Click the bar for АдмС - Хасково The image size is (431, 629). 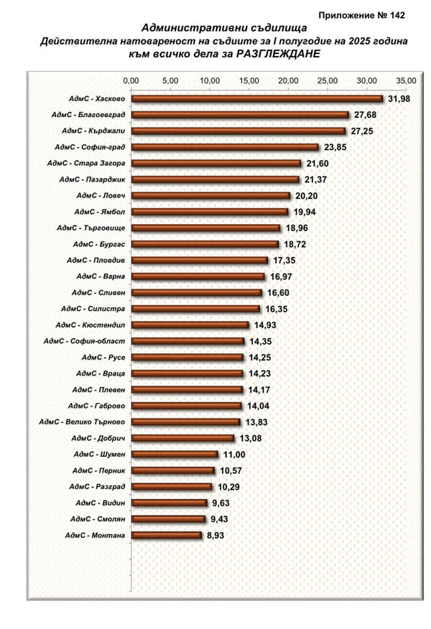256,98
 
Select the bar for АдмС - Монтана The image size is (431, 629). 166,535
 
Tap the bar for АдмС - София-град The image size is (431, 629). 224,147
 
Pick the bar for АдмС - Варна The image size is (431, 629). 198,276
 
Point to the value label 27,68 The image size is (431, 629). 364,115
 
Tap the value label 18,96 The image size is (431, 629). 296,228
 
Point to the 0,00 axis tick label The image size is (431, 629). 131,80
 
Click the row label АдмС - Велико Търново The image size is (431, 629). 83,421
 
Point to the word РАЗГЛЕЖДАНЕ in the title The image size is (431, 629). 276,54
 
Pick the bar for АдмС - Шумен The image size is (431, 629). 174,454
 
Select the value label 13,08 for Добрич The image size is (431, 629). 250,438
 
